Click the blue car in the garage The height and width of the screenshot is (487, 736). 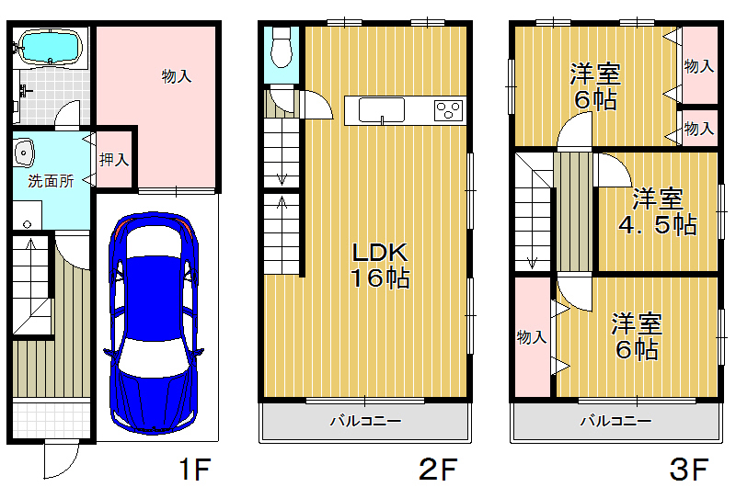(x=154, y=323)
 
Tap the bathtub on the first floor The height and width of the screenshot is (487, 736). (x=50, y=47)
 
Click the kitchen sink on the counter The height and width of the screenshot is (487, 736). (x=382, y=110)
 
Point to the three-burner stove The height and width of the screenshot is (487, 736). (x=448, y=110)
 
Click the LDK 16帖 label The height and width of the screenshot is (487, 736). (x=380, y=266)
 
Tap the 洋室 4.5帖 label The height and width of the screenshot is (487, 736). (x=657, y=211)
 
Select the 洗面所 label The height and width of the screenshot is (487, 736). (x=51, y=181)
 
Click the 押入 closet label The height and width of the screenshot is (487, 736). (x=114, y=160)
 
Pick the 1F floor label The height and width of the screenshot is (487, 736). (x=195, y=470)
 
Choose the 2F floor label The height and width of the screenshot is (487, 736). (x=438, y=470)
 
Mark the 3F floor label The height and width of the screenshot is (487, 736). (x=689, y=470)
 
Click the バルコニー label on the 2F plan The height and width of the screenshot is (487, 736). (x=365, y=421)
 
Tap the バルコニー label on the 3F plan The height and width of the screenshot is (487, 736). (x=615, y=421)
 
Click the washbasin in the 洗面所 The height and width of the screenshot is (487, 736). (x=24, y=153)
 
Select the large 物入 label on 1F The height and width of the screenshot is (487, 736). (x=177, y=76)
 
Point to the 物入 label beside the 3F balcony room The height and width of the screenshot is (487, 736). (x=532, y=337)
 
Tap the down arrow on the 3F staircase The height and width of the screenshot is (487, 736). (x=533, y=263)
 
